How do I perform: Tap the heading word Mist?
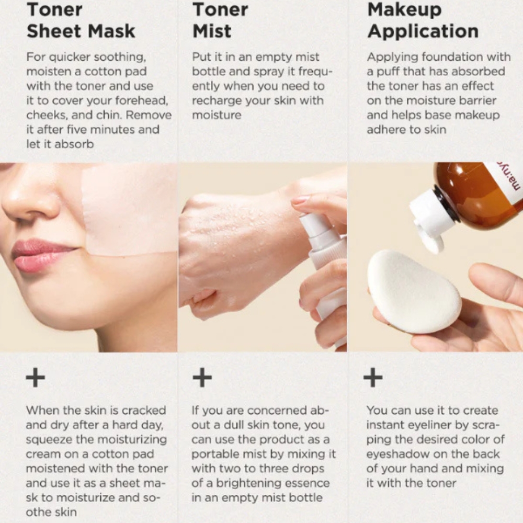212,31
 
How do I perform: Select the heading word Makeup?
404,9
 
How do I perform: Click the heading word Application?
423,31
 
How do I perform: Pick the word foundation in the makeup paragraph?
452,56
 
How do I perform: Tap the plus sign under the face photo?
36,378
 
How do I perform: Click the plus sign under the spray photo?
202,378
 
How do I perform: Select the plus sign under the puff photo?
373,378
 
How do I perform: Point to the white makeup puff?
414,291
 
